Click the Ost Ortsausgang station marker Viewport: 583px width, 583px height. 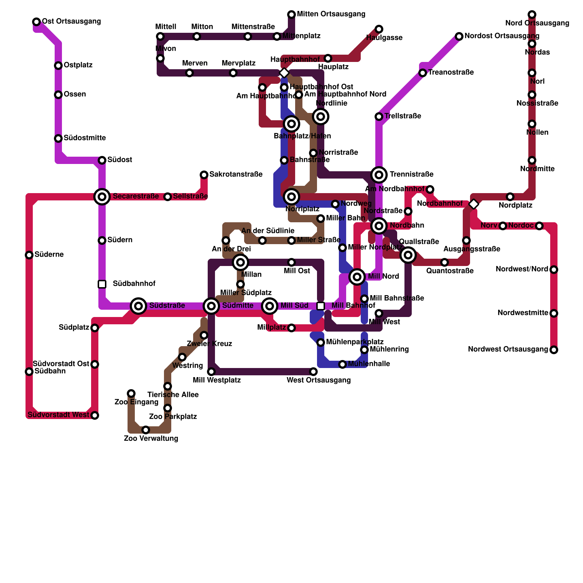coord(36,22)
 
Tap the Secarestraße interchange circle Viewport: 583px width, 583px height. coord(102,197)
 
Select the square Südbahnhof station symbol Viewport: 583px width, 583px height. coord(102,284)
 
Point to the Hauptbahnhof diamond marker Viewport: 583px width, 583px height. coord(284,73)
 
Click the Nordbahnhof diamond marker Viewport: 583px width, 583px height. coord(474,204)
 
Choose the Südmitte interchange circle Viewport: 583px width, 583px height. coord(211,306)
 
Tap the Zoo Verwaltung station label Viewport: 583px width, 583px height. coord(151,438)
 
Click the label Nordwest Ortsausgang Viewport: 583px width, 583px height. coord(508,349)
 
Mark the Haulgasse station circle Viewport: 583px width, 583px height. coord(379,29)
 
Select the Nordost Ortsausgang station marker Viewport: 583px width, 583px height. coord(459,36)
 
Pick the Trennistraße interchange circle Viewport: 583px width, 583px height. coord(379,175)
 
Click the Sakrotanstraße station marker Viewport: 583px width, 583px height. coord(204,175)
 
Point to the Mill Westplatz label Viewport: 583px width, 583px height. coord(217,380)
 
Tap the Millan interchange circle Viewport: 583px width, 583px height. coord(240,262)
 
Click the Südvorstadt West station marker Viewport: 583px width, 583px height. coord(95,415)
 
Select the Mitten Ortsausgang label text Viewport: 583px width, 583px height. coord(331,14)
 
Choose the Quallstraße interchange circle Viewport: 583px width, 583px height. coord(408,255)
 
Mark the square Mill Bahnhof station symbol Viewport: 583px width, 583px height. coord(321,306)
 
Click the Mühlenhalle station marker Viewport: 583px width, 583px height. coord(343,364)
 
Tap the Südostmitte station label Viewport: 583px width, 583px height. coord(85,138)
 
